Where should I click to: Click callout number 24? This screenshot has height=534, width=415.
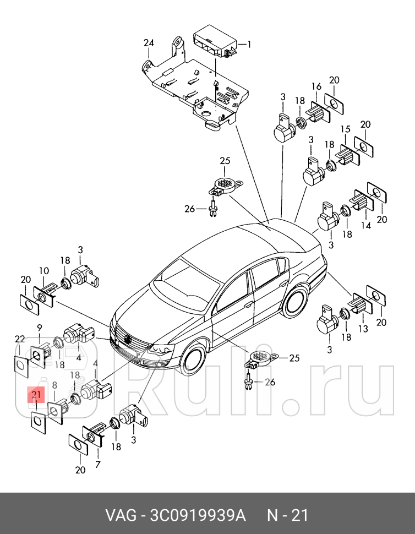[149, 43]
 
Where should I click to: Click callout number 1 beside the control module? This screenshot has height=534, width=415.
[249, 44]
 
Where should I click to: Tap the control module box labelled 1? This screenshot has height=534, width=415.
[214, 43]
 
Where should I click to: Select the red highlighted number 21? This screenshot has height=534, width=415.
[36, 395]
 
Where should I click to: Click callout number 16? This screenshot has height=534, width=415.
[316, 86]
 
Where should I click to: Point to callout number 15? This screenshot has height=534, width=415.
[345, 129]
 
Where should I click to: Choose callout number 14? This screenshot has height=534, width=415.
[366, 225]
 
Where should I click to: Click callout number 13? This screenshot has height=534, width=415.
[363, 329]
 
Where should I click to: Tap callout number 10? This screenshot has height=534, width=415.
[44, 271]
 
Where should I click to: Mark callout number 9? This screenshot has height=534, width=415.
[40, 328]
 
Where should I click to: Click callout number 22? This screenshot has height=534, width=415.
[20, 339]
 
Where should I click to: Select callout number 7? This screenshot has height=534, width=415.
[98, 464]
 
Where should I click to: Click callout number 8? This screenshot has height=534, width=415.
[54, 385]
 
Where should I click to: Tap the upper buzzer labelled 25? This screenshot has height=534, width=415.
[225, 186]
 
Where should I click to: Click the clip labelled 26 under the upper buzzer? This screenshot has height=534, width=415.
[214, 208]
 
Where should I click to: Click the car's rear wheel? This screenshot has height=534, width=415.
[295, 301]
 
